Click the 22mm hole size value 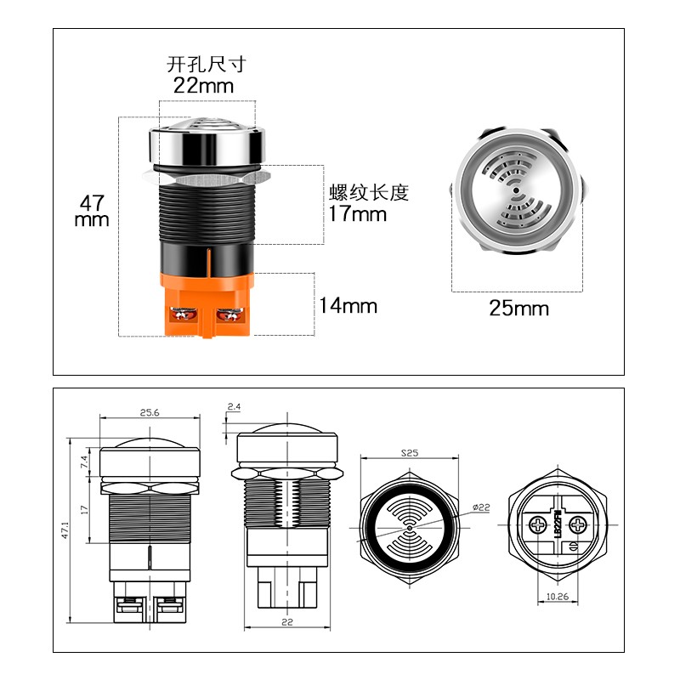(203, 85)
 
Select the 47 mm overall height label (92, 211)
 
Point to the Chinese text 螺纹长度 (369, 192)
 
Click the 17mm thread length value (358, 213)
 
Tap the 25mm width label (518, 308)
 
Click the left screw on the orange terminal (181, 315)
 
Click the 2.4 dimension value (235, 407)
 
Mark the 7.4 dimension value (84, 462)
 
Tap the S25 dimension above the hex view (410, 452)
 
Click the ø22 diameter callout (482, 508)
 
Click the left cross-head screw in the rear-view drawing (539, 524)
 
